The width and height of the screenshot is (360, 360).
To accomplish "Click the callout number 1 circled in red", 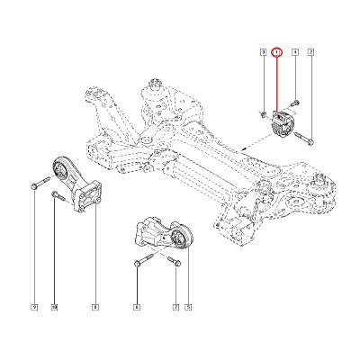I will coord(277,54).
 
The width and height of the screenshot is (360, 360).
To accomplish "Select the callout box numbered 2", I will coord(310,54).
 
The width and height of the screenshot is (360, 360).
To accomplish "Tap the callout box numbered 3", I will coord(263,54).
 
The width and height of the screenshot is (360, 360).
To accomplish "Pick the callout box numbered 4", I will coord(294,54).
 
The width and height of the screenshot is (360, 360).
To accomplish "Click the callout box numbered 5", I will coord(188,308).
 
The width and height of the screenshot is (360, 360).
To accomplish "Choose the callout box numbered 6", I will coord(137,308).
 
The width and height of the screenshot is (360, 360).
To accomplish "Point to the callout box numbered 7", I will coord(175,308).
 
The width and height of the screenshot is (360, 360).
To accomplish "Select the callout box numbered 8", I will coord(94,308).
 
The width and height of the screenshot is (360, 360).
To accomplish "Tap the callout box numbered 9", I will coord(34,308).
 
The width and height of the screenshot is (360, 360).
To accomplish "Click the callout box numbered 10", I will coord(54,308).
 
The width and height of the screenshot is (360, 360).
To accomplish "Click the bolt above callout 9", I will coord(34,185).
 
